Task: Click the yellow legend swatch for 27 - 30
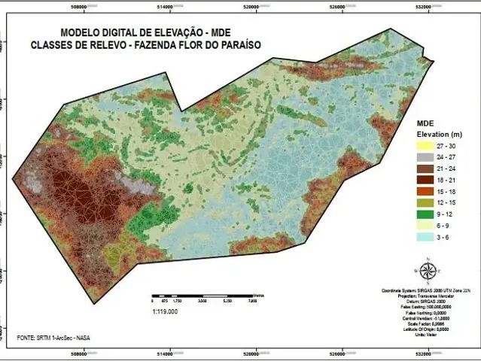(x=427, y=146)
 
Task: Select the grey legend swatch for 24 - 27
(x=427, y=158)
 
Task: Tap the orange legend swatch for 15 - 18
(x=427, y=192)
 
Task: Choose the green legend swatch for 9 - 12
(x=427, y=214)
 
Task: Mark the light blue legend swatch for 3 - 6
(x=427, y=237)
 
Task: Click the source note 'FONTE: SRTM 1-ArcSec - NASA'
(x=51, y=339)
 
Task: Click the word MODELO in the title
(x=81, y=33)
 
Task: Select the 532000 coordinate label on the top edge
(x=428, y=5)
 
